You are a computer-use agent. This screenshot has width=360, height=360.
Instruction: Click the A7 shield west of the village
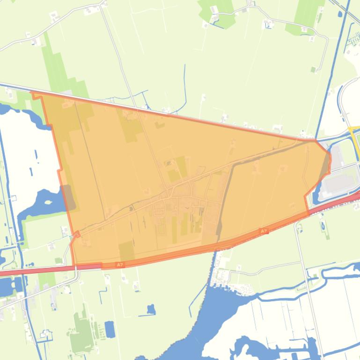pyautogui.click(x=120, y=265)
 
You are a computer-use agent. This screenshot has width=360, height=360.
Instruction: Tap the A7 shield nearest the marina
pyautogui.click(x=264, y=231)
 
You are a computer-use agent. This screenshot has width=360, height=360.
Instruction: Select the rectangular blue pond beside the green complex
pyautogui.click(x=110, y=329)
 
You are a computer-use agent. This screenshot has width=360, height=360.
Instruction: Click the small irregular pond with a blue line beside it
pyautogui.click(x=151, y=309)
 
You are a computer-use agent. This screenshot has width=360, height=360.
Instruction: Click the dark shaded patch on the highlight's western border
pyautogui.click(x=68, y=196)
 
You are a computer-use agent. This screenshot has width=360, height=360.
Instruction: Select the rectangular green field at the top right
pyautogui.click(x=307, y=14)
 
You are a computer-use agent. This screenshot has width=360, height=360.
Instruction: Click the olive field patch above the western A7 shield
pyautogui.click(x=126, y=251)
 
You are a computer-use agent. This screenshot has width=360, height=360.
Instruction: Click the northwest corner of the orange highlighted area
pyautogui.click(x=33, y=94)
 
